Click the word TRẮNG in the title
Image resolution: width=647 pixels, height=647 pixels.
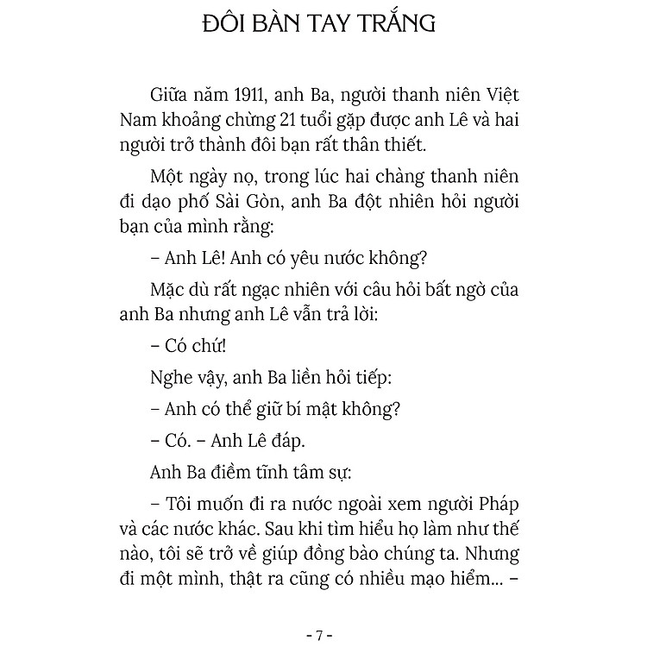393,24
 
